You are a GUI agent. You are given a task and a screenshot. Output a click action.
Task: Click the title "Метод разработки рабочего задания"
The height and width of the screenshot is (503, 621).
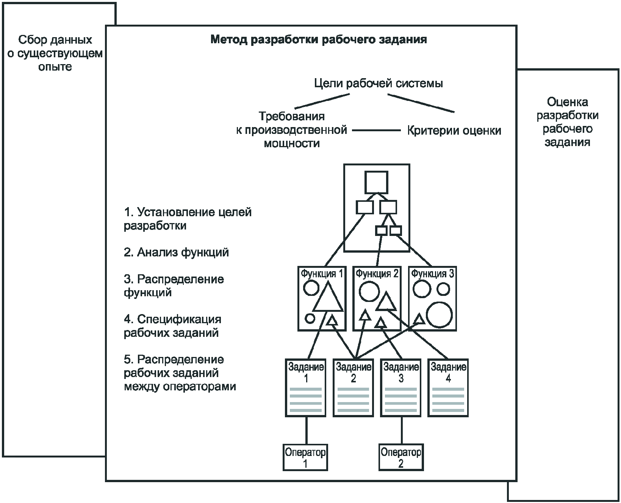click(x=319, y=40)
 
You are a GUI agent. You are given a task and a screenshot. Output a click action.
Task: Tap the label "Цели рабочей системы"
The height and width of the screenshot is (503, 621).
click(x=379, y=83)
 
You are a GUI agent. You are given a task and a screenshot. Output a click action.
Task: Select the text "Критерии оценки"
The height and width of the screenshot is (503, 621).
click(x=454, y=131)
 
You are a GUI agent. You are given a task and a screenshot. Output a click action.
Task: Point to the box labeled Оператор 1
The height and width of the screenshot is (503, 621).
click(x=305, y=457)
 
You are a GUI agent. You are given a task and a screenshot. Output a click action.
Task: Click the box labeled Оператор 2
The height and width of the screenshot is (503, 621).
click(x=401, y=457)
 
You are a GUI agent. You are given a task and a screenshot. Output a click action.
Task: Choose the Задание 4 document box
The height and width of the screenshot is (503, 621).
click(x=448, y=388)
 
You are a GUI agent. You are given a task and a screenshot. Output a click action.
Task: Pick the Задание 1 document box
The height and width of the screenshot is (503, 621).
click(x=305, y=388)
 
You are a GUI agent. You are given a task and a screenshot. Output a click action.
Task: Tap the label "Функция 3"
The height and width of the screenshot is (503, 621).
click(x=432, y=274)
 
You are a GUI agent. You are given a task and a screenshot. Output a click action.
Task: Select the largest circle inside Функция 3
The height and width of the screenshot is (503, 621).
click(x=440, y=314)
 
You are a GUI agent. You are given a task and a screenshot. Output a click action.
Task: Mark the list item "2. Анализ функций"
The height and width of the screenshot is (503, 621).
click(x=176, y=252)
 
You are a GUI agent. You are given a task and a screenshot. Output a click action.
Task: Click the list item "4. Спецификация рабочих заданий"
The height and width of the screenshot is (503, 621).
click(x=172, y=326)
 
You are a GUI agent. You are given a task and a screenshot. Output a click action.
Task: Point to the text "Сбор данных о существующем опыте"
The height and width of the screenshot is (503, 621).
click(x=55, y=53)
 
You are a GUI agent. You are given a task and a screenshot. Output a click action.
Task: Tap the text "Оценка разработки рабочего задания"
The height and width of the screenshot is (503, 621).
click(x=568, y=122)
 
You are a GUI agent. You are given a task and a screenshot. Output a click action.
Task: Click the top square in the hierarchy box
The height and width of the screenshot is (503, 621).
click(x=376, y=182)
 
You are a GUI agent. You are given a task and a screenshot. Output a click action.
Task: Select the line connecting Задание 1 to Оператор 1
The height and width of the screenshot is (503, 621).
click(x=306, y=431)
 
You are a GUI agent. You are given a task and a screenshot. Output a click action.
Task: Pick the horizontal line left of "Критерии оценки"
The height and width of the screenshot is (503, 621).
click(x=376, y=130)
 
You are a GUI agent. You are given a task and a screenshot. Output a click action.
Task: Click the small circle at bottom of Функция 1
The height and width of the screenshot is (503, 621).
click(x=310, y=319)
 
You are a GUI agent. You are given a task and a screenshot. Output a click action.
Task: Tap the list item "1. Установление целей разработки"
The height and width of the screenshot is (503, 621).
click(x=188, y=219)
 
